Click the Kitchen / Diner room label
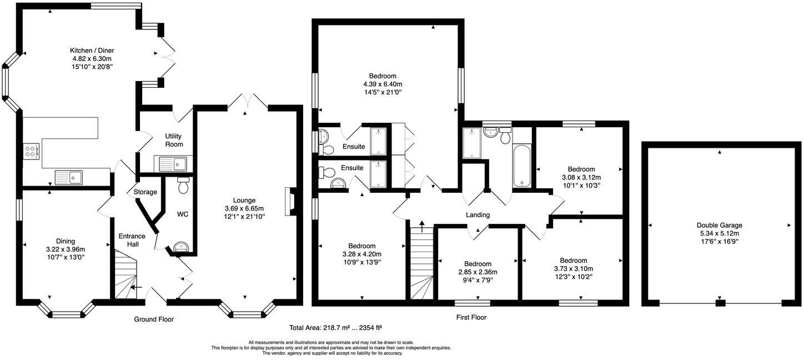(92, 51)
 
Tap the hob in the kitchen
(31, 151)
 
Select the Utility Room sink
(171, 164)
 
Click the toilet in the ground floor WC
(183, 185)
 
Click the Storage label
(145, 192)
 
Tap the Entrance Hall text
(132, 240)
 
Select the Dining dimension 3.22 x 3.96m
(66, 249)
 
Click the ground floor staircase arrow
(136, 287)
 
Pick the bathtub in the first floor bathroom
(522, 166)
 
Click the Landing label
(478, 215)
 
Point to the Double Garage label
(719, 225)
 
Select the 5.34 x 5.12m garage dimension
(719, 233)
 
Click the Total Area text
(335, 328)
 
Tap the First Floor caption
(471, 317)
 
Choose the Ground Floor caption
(154, 319)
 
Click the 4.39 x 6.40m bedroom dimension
(383, 84)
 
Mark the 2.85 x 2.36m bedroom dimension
(478, 272)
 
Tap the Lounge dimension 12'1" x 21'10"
(244, 217)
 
